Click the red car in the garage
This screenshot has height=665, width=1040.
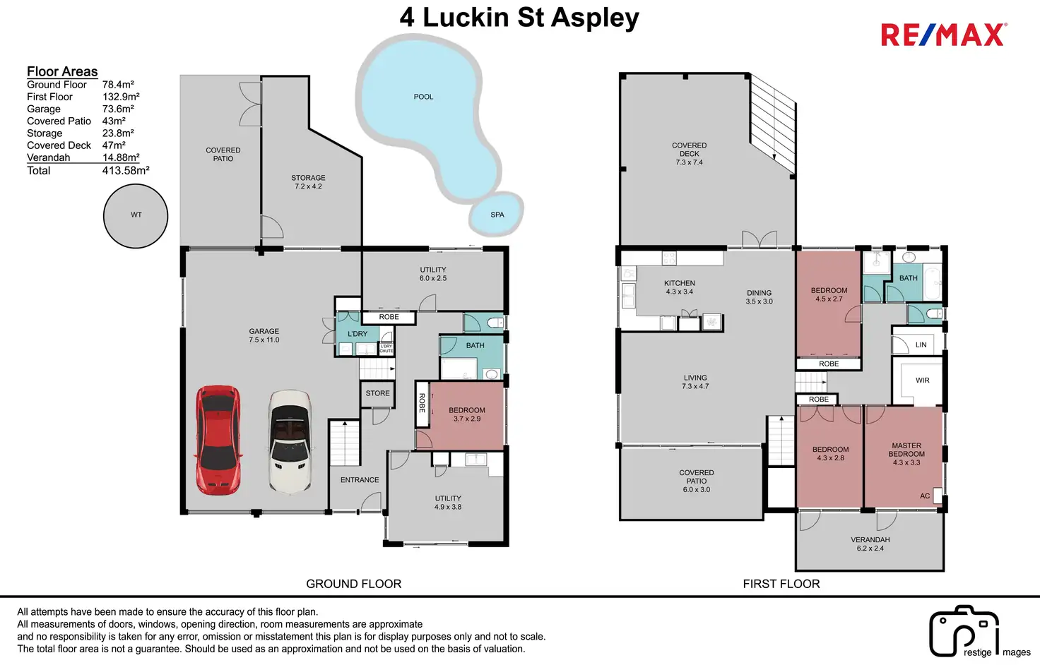(x=218, y=441)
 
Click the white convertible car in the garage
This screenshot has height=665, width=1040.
(x=290, y=441)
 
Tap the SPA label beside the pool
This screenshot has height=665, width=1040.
(x=497, y=215)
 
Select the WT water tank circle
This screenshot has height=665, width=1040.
(x=136, y=216)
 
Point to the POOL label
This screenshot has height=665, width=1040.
(x=423, y=97)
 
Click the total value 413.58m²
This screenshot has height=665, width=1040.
(x=126, y=170)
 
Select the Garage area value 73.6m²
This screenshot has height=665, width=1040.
(x=119, y=109)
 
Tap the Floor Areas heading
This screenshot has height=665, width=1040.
(x=62, y=71)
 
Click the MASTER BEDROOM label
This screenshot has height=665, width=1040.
(x=906, y=450)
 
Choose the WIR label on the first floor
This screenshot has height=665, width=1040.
(x=923, y=381)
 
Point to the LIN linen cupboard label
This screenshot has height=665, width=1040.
(x=921, y=345)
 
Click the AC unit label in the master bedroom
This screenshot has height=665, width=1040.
(x=925, y=496)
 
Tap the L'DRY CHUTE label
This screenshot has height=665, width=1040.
(x=386, y=349)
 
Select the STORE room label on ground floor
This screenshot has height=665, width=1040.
(x=377, y=393)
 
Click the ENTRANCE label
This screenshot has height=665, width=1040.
(x=360, y=480)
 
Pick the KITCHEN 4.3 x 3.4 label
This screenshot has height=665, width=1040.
(x=679, y=287)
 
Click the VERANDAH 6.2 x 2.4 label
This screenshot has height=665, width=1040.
(x=870, y=544)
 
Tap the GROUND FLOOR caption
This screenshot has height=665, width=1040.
(x=354, y=584)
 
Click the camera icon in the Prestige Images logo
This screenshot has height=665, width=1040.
(x=964, y=631)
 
